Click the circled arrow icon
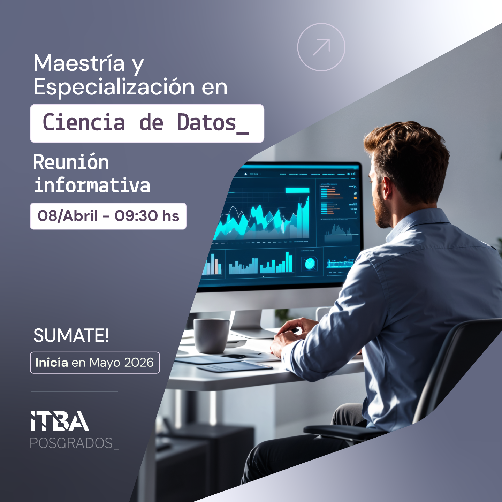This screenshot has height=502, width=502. pos(321,47)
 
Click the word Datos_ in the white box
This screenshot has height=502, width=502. pos(213,123)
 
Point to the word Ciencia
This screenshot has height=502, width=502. pos(84,123)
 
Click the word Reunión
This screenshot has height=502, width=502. pos(71,162)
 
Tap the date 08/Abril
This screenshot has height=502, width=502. pos(68,216)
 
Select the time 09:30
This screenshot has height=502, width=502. pos(136,216)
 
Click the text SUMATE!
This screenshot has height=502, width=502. pos(71,336)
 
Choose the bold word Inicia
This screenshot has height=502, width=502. pos(52,363)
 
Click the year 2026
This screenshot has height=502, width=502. pos(139,363)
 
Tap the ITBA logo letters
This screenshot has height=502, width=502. pos(59,421)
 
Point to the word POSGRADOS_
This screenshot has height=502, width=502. pos(74,443)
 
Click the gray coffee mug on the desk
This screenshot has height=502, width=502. pos(211,335)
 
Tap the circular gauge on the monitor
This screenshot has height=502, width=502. pos(310,264)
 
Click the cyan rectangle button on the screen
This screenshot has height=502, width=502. pos(297,190)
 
